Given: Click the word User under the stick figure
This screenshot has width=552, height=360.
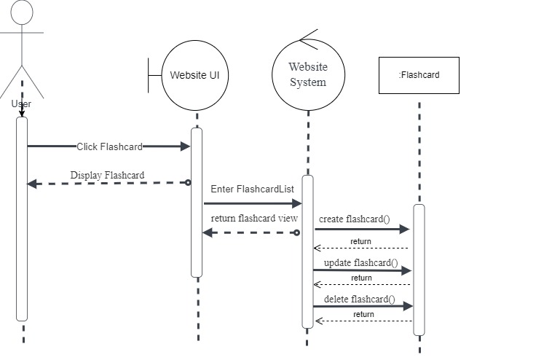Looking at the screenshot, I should coord(22,103).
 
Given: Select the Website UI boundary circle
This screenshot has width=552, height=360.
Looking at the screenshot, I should coord(194,74).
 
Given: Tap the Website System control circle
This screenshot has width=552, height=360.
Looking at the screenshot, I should coord(308,74).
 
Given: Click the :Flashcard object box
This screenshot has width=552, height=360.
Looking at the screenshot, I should coord(419,75).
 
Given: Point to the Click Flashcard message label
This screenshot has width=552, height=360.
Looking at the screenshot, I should coord(109,146).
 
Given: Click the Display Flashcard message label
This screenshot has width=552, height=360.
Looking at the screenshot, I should coord(107,175).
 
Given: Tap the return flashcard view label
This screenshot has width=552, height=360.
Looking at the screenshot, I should coord(254,218).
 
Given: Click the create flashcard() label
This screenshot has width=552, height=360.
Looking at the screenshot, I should coord(354,219).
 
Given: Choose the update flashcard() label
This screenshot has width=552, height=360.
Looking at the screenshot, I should coord(360,262).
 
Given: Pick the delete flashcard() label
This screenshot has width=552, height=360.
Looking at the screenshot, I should coord(358,299).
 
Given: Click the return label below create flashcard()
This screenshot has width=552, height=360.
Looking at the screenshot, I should coord(360,241).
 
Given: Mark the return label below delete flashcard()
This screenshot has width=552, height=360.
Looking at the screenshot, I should coord(363,314).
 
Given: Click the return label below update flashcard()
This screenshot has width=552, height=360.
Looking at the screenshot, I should coord(361,278).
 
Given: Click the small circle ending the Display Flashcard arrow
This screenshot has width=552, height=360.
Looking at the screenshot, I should coord(188,182).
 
